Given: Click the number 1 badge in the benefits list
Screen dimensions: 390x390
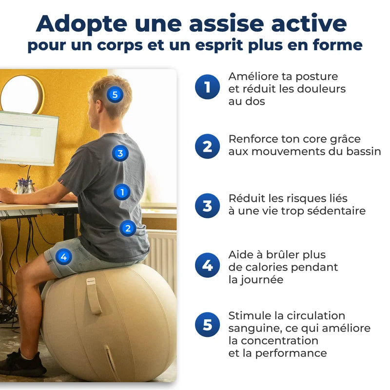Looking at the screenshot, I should coord(207,87).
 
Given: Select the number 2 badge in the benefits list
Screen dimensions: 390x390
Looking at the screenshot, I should coord(207,146).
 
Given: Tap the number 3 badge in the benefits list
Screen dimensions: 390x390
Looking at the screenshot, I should coord(207,206).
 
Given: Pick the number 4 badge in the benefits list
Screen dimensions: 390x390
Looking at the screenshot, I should coord(207,266).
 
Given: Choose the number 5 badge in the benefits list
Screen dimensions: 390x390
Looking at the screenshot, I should coord(207,325).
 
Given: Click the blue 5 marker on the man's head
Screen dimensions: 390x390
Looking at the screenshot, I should coord(115,95).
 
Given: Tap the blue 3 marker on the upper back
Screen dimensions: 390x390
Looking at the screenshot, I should coord(120,154).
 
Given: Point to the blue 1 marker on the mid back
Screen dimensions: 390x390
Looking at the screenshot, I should coord(122,192).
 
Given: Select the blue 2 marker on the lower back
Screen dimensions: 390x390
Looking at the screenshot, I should coord(128,227).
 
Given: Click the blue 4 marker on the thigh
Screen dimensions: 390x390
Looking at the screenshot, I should coord(63,256).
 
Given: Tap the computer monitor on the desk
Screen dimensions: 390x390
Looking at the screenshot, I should coord(28,138).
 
